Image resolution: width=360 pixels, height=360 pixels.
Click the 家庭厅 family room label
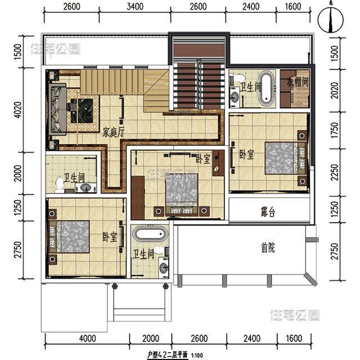pos(114,133)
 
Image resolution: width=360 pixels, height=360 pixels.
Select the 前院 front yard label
pos(268,247)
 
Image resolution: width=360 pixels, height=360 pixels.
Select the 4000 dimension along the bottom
pos(87,339)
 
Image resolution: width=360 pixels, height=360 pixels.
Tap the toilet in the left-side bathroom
pos(60,183)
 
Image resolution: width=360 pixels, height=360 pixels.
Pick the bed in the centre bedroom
pos(181,193)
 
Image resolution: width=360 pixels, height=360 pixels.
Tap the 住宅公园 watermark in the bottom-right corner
pos(295,315)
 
